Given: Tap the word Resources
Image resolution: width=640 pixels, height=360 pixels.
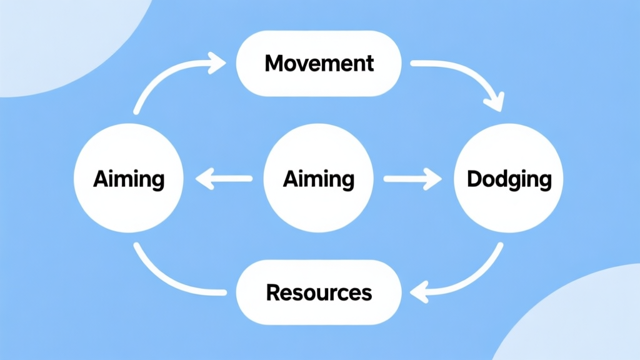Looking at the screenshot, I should coord(319,292).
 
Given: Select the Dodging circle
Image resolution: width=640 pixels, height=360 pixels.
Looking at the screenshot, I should coord(509,179).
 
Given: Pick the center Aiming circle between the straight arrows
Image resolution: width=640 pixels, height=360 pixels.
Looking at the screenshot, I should coord(319,179).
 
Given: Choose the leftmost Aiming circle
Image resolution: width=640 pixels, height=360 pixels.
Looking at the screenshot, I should coord(128,179).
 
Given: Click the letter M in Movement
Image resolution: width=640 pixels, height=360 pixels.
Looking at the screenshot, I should coord(273,63).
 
